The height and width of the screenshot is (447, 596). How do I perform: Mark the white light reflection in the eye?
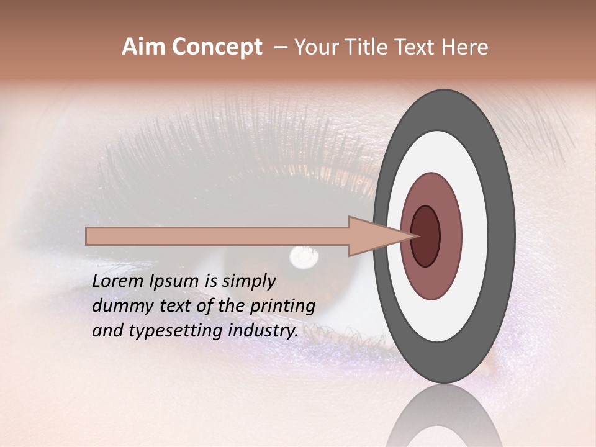(x=304, y=255)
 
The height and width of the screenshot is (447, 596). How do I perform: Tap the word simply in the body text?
(x=249, y=281)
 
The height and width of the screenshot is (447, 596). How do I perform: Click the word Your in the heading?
(x=315, y=47)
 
